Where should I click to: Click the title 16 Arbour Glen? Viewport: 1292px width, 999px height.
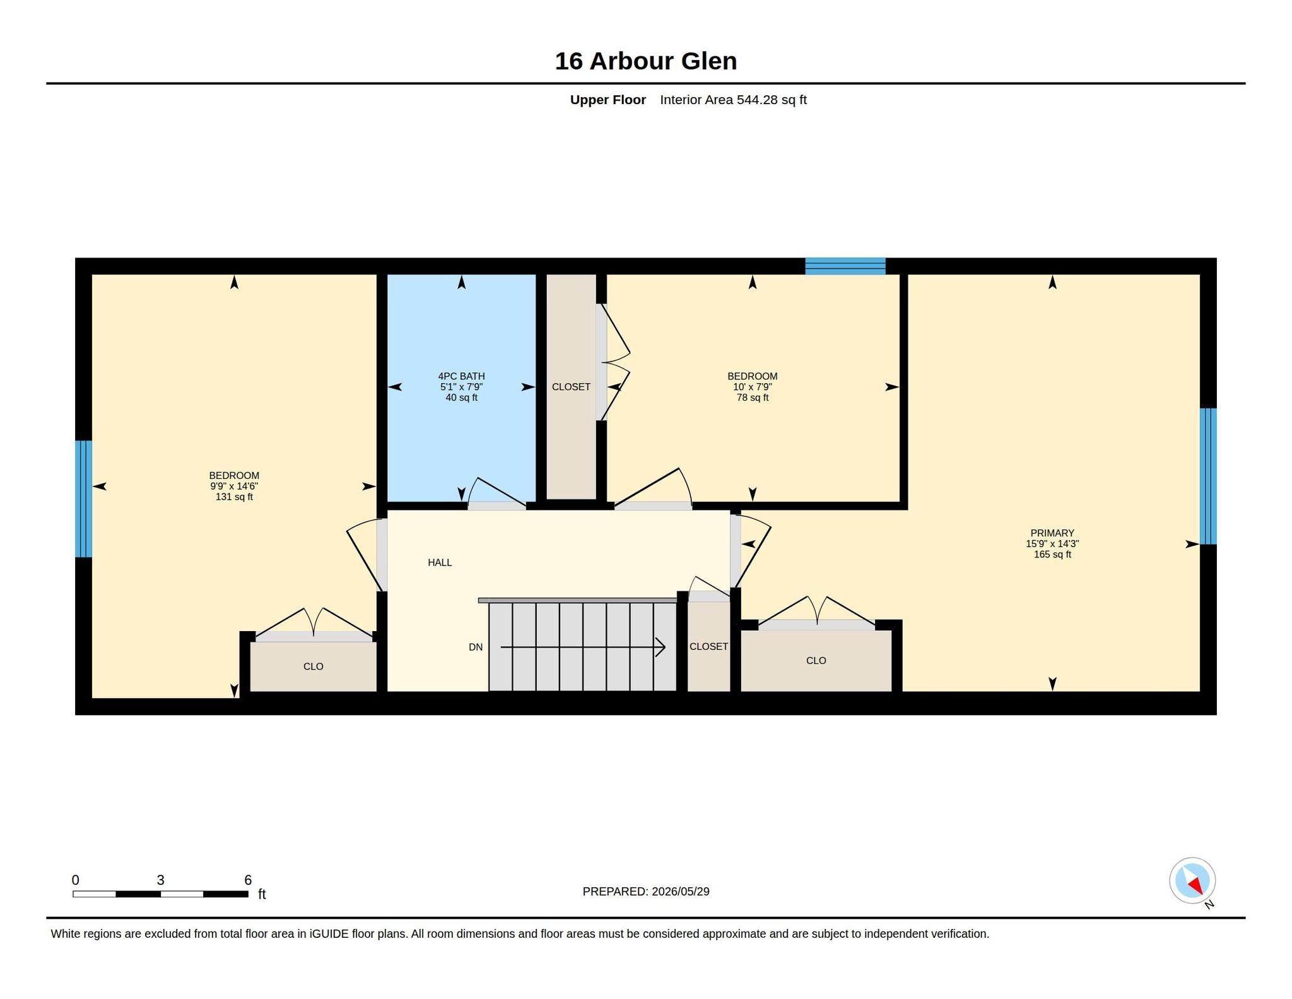click(645, 61)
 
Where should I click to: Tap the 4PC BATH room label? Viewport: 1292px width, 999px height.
click(461, 376)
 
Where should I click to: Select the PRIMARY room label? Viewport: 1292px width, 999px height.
click(1052, 533)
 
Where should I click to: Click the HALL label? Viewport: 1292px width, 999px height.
click(440, 562)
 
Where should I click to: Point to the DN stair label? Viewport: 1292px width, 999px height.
click(476, 647)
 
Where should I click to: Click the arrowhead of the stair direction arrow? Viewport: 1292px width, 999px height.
click(661, 647)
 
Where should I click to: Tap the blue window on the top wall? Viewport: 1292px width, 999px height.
click(845, 266)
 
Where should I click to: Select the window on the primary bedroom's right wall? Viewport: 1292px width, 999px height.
click(1207, 476)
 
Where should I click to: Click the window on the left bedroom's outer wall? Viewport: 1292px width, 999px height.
click(84, 499)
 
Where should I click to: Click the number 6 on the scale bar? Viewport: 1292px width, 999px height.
click(248, 880)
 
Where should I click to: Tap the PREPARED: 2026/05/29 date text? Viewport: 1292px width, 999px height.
click(646, 891)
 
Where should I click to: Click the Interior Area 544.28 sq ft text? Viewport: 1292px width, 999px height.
click(733, 100)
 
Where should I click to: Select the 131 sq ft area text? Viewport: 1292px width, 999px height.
click(234, 497)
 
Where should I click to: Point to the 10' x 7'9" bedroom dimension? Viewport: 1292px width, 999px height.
click(752, 387)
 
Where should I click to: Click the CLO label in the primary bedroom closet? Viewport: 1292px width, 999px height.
click(816, 661)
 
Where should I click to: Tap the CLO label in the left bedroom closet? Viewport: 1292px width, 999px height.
click(313, 666)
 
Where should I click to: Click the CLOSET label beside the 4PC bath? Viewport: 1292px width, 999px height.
click(571, 387)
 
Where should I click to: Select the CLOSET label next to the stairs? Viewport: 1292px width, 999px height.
click(708, 647)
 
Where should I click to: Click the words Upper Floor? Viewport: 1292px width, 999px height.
click(608, 100)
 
